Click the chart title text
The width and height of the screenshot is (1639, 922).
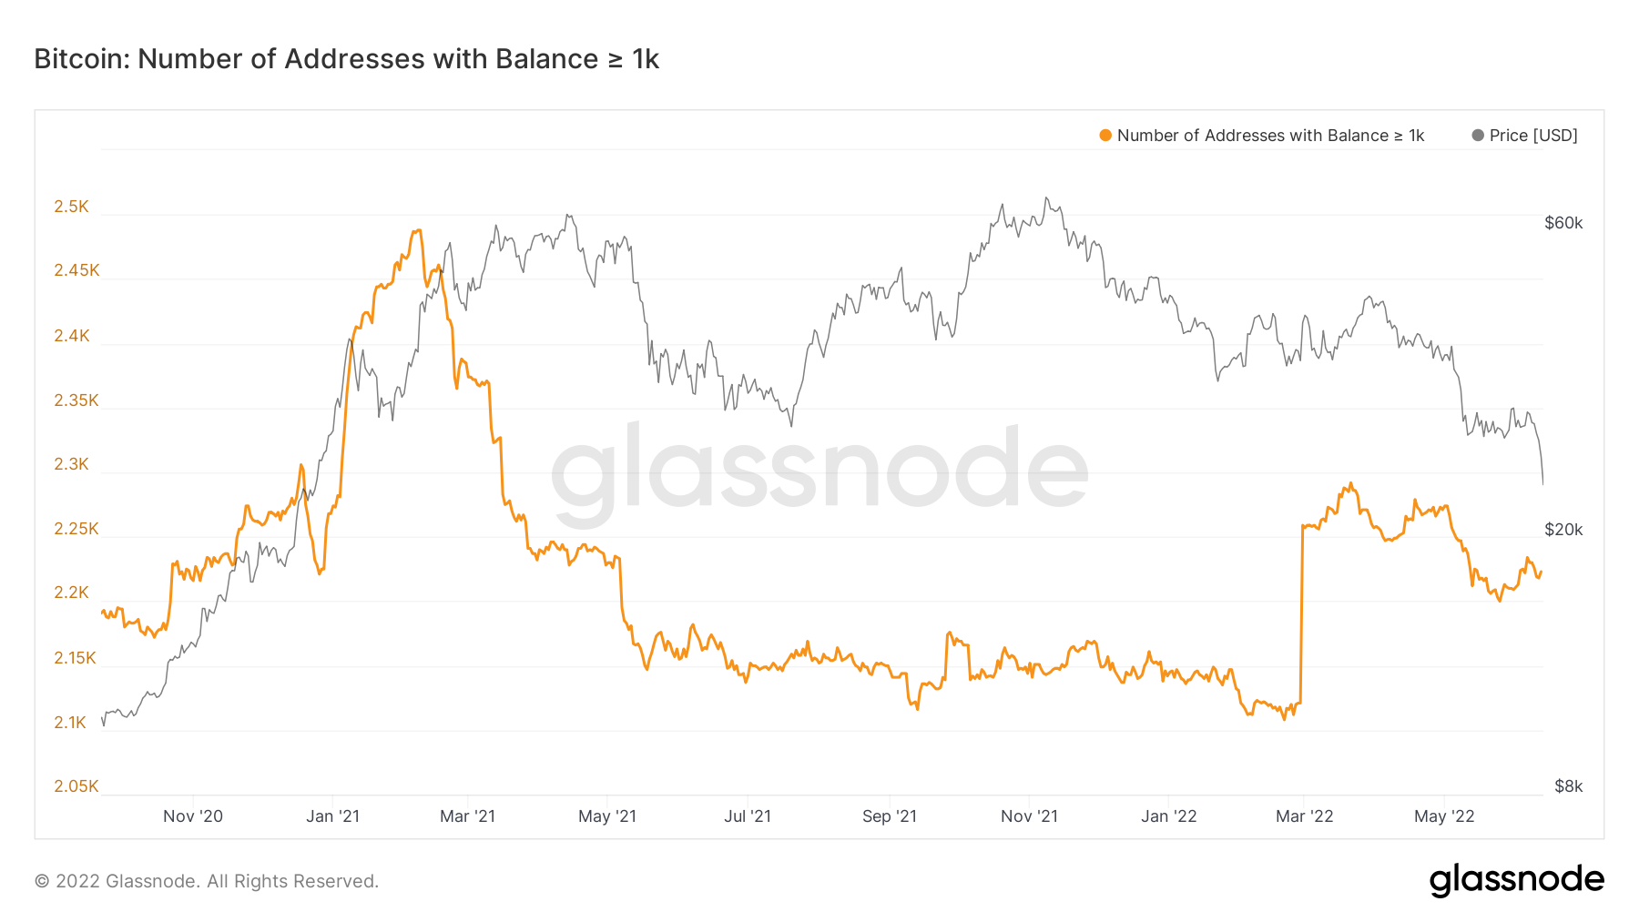click(346, 59)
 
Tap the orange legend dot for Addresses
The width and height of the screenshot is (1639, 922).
click(1105, 136)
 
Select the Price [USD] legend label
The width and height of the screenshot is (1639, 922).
click(1533, 136)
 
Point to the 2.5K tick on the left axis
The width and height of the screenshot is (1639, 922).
click(71, 207)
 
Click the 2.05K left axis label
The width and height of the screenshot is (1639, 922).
click(76, 786)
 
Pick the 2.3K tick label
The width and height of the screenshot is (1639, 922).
click(71, 464)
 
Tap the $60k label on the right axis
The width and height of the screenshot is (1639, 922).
click(1563, 223)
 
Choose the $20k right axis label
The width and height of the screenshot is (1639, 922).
click(1563, 530)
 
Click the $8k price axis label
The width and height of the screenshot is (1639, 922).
click(1568, 786)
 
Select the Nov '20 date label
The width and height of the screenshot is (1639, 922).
click(193, 816)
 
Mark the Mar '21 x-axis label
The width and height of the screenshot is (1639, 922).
click(467, 816)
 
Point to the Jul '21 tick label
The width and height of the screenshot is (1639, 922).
click(748, 816)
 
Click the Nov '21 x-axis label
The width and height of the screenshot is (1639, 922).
click(1029, 816)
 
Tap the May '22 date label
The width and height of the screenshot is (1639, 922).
click(1444, 816)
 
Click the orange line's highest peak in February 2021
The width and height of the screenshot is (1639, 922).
click(418, 230)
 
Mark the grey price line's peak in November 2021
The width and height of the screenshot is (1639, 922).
click(1046, 198)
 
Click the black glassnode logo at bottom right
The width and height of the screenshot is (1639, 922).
click(1516, 880)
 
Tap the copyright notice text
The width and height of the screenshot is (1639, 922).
click(207, 881)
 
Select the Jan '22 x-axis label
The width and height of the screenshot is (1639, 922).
click(1169, 816)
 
